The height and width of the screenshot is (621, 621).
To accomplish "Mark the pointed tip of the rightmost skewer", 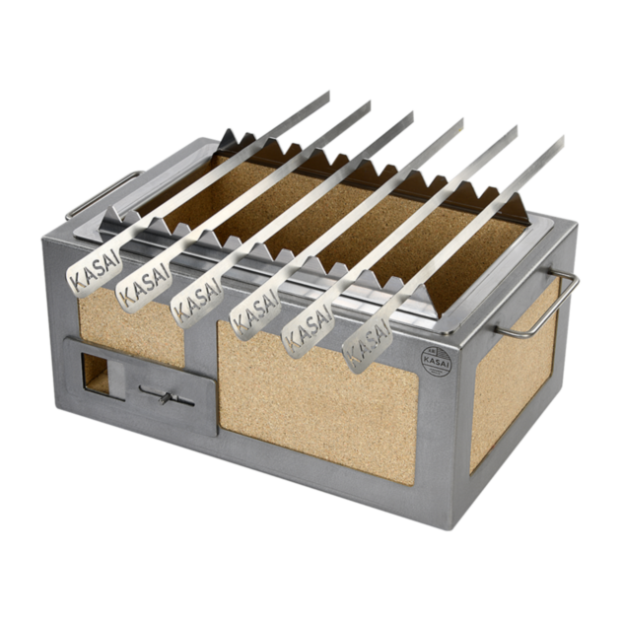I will pyautogui.click(x=562, y=136).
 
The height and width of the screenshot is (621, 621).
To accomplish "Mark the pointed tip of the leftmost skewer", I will pyautogui.click(x=329, y=92).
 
